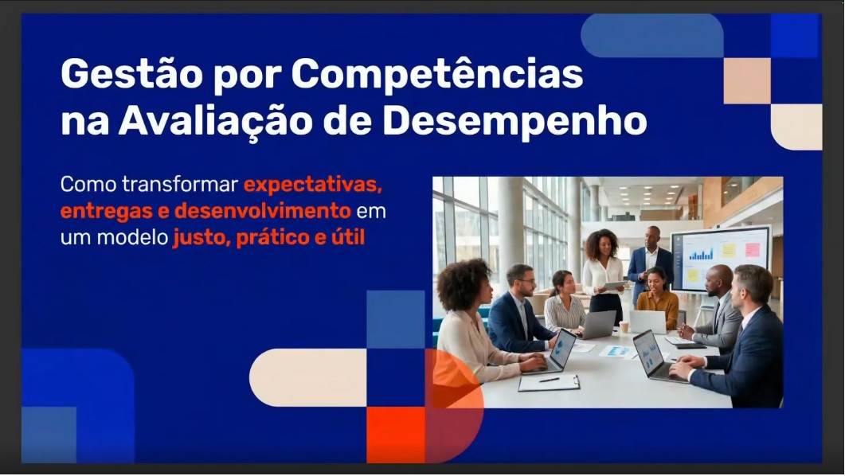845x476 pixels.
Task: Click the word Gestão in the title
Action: [x=131, y=74]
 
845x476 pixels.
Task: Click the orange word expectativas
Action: [x=313, y=185]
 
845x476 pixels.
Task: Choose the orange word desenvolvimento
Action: [x=263, y=210]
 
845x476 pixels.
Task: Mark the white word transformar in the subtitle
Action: [x=180, y=184]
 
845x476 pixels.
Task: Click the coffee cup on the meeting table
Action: [x=624, y=326]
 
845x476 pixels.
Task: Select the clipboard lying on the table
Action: [x=549, y=382]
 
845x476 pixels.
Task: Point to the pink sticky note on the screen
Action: [x=753, y=249]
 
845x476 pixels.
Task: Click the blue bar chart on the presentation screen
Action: [x=701, y=253]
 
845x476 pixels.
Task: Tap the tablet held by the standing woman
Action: [x=614, y=286]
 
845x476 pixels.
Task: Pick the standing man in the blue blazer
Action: [x=651, y=264]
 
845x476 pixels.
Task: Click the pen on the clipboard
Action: [x=550, y=380]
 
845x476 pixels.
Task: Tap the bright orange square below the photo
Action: [x=396, y=435]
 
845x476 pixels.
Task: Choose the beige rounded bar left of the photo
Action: [x=308, y=377]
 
